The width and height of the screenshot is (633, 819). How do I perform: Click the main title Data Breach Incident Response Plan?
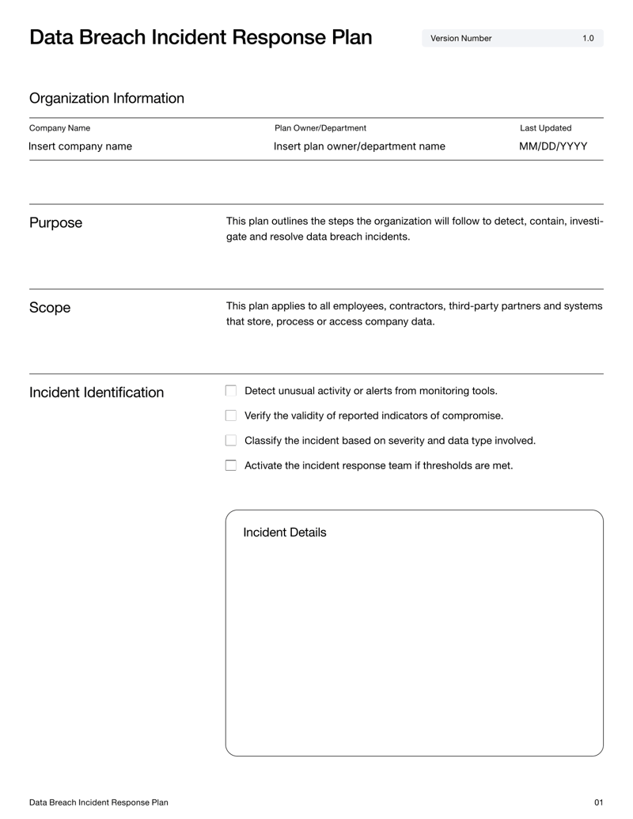200,37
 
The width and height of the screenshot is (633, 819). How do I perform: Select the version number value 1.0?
588,38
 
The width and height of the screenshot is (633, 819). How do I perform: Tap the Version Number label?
461,38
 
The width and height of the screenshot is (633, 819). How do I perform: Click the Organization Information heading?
106,98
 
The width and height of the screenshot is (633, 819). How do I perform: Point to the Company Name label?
59,128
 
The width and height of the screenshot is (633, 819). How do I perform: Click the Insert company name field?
80,146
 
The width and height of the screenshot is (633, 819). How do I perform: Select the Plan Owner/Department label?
320,128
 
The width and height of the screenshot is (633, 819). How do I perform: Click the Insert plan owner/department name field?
359,146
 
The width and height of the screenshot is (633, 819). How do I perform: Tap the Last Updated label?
545,128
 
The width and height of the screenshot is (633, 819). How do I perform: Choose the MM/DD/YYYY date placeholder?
553,146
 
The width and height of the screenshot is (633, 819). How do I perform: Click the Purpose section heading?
55,223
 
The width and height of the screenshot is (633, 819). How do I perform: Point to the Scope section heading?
50,308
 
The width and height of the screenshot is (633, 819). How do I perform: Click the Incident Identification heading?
97,392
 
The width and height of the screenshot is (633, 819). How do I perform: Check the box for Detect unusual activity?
231,391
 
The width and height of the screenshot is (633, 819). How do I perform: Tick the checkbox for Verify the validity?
231,415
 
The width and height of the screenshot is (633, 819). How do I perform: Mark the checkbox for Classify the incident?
231,441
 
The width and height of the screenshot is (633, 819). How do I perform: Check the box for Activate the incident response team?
231,466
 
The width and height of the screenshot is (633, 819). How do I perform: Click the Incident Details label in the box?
284,533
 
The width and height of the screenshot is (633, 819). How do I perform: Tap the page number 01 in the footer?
598,802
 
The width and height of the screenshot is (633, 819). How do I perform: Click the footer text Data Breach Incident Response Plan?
99,802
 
